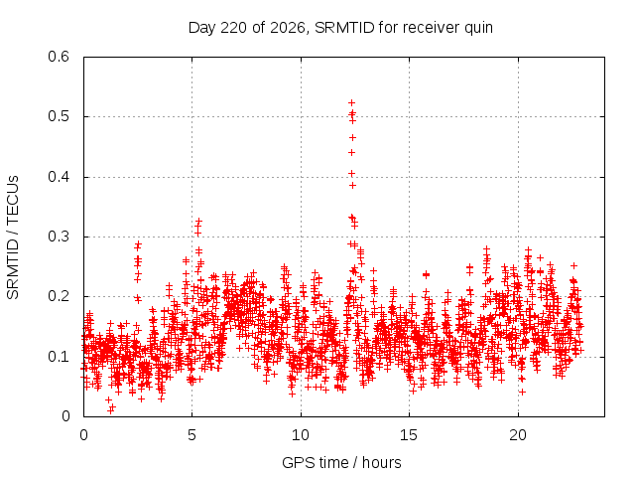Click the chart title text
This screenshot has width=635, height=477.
340,28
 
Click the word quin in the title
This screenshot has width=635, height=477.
478,29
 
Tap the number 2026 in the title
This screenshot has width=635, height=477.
288,28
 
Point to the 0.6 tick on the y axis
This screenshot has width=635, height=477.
59,57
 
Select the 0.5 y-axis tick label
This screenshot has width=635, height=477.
59,117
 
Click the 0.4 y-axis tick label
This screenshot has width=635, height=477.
59,177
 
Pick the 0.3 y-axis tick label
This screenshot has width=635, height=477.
59,237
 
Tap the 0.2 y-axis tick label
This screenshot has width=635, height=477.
59,296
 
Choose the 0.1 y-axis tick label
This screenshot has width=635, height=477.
59,357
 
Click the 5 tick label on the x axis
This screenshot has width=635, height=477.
191,435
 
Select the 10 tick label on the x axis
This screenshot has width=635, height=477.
301,435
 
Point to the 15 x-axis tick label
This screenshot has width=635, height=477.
409,435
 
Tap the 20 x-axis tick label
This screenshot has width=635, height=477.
518,435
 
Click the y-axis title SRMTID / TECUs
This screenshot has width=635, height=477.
13,238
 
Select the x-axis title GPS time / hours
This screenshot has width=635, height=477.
341,463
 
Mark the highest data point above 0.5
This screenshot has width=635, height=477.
352,102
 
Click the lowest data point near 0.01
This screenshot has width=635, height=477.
110,410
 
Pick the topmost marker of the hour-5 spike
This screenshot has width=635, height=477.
198,221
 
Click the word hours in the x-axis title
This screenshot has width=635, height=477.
381,462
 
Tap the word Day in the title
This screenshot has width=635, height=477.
201,29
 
